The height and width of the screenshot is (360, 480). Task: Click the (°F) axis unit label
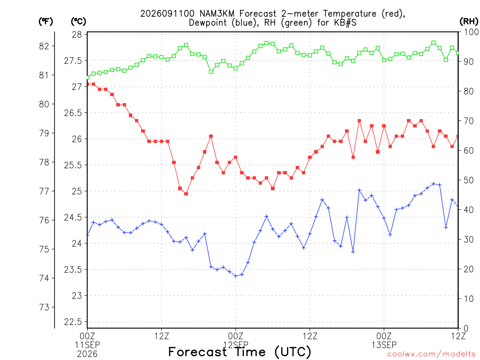[45, 22]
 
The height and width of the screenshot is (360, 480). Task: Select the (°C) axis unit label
[78, 22]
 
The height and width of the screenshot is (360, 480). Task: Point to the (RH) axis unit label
[468, 22]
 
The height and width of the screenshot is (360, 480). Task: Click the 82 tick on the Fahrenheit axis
[44, 46]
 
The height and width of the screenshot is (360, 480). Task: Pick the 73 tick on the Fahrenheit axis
[44, 307]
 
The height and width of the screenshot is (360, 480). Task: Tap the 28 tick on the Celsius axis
[77, 35]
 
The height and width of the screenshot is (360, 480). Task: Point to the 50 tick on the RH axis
[469, 180]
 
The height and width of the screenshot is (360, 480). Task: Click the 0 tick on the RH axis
[466, 329]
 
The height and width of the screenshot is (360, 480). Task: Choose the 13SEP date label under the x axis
[384, 345]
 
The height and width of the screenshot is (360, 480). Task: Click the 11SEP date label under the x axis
[87, 345]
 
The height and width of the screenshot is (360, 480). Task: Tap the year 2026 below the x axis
[87, 354]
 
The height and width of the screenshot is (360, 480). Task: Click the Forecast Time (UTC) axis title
[240, 352]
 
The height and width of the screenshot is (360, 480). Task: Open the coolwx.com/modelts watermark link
[431, 354]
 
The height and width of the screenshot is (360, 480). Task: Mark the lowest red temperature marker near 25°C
[186, 194]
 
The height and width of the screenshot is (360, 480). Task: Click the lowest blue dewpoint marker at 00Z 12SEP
[236, 276]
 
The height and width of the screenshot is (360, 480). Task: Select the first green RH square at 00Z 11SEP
[88, 77]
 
